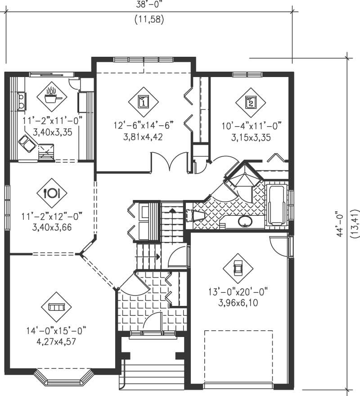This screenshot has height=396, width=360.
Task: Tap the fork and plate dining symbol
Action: (52, 193)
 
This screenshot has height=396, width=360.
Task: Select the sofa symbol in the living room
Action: (56, 307)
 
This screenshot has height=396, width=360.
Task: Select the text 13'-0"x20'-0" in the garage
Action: (238, 292)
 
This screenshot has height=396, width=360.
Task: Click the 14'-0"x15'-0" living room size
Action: (56, 331)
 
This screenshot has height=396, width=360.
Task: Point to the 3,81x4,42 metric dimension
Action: (144, 137)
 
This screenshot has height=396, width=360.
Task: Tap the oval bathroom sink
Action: (245, 221)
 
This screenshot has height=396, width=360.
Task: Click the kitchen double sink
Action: (21, 101)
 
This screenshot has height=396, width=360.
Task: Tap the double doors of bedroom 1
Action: (170, 163)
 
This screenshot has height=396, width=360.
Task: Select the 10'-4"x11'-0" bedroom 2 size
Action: (251, 127)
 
